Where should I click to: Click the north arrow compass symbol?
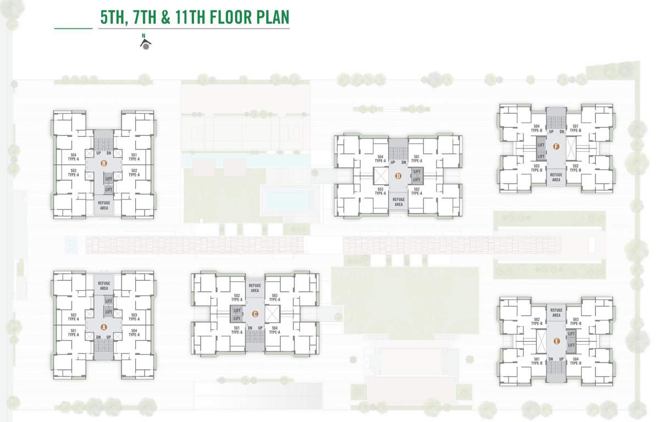(146, 43)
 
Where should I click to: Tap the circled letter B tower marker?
(103, 163)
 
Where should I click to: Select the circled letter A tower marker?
(103, 327)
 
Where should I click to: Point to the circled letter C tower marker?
(255, 314)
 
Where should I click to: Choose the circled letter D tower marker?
(399, 176)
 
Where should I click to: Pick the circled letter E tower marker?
(557, 341)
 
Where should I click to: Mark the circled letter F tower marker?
(556, 146)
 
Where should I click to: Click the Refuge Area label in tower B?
(104, 206)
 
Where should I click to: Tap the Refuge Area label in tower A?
(104, 285)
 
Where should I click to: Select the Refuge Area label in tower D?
(399, 202)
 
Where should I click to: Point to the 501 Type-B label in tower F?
(575, 129)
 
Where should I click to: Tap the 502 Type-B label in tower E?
(537, 321)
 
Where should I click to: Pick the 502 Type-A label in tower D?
(417, 191)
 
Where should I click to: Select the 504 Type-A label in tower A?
(134, 333)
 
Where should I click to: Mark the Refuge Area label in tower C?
(255, 288)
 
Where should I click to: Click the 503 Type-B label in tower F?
(537, 168)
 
